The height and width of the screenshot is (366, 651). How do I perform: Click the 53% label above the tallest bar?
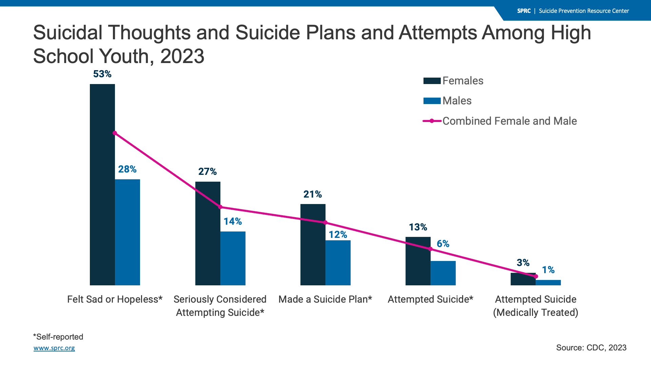click(102, 74)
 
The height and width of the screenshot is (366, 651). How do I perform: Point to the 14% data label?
click(233, 222)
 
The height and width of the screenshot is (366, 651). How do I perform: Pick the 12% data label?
click(338, 235)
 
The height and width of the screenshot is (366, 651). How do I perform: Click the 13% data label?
click(418, 227)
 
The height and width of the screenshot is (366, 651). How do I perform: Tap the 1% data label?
click(548, 270)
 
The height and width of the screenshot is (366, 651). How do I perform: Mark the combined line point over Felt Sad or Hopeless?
click(115, 133)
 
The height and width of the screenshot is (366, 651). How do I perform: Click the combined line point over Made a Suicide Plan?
click(325, 223)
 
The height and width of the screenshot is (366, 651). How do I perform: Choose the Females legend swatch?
click(432, 81)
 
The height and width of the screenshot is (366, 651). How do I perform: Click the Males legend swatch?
click(432, 101)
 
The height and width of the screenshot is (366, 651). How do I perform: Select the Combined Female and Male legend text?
click(509, 121)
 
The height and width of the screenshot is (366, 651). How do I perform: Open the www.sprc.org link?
click(54, 348)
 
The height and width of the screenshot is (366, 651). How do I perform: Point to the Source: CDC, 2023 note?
click(591, 348)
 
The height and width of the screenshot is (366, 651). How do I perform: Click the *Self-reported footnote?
click(58, 337)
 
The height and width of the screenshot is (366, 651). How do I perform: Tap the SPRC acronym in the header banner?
click(524, 11)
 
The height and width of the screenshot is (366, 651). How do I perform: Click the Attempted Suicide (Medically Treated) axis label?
click(535, 306)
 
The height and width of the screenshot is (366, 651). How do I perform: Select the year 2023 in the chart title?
click(182, 56)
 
